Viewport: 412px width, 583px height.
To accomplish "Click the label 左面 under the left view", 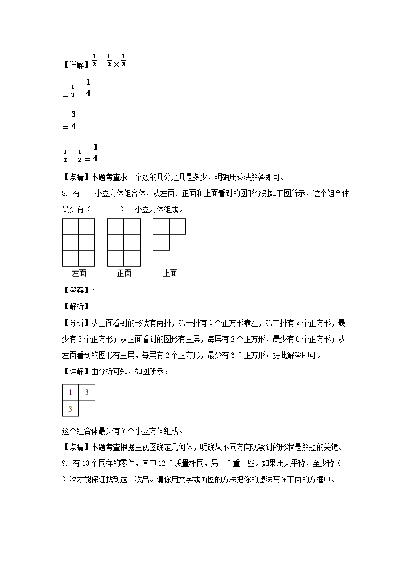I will coord(79,273).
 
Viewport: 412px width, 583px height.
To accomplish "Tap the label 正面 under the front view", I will coord(124,273).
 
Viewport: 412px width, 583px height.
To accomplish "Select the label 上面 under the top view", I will coord(170,273).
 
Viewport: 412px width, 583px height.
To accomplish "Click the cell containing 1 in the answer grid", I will coord(70,392).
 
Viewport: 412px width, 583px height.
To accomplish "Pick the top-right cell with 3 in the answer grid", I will coord(87,392).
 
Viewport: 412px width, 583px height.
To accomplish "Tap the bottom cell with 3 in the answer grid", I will coord(70,409).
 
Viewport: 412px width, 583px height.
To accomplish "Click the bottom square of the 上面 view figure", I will coord(161,242).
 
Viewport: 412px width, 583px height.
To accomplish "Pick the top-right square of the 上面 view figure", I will coord(177,226).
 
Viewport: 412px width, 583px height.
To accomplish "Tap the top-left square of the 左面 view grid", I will coord(71,226).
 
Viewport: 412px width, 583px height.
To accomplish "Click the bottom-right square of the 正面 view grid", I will coord(132,259).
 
